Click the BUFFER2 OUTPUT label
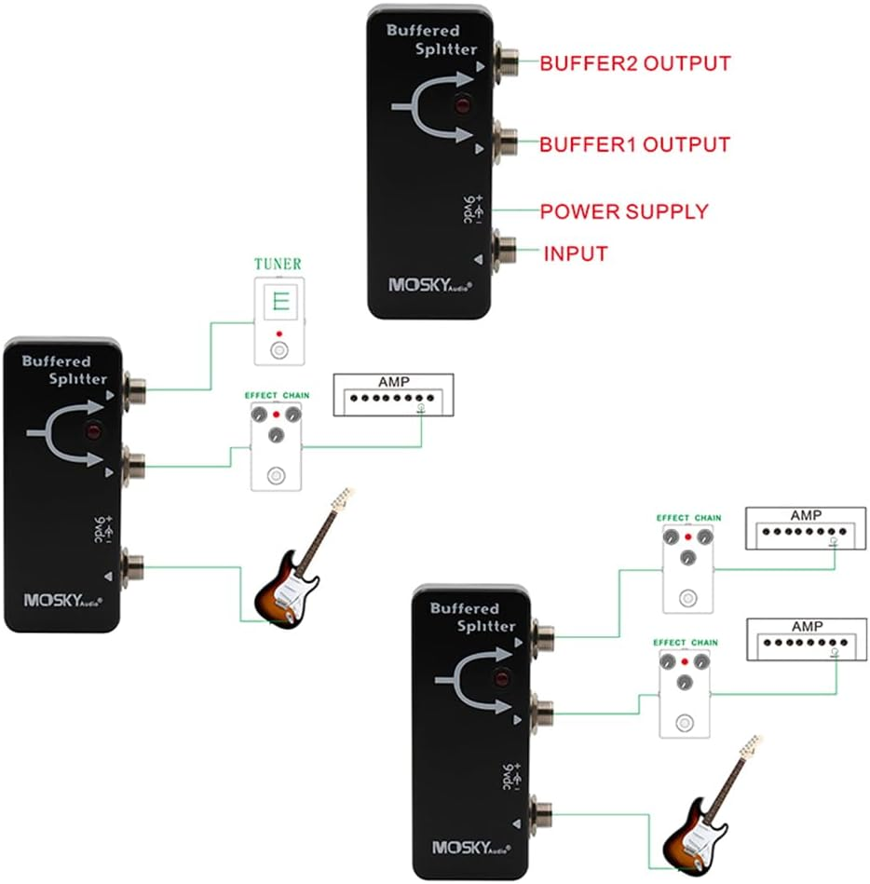635,63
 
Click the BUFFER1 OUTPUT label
635,144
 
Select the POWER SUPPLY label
624,211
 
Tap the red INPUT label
576,253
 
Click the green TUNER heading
278,264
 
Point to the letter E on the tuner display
280,302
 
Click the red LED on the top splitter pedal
462,105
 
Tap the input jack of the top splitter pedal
505,251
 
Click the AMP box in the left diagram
394,395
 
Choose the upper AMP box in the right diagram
806,528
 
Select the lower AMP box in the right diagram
807,639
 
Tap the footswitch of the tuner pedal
279,350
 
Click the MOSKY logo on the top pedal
430,285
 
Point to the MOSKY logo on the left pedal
63,601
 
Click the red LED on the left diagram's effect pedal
277,415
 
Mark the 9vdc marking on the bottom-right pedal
512,777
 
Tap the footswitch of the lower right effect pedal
685,723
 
